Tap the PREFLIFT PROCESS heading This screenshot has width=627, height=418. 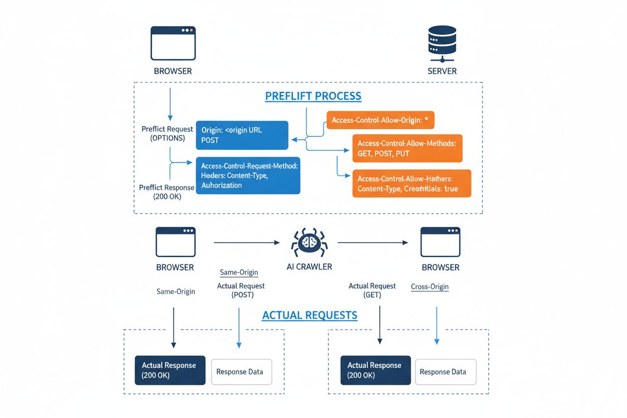pos(313,96)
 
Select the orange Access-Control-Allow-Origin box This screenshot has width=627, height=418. pos(380,121)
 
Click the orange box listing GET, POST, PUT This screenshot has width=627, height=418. pos(407,148)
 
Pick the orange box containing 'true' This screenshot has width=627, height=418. pos(411,183)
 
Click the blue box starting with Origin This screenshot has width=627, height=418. pos(242,135)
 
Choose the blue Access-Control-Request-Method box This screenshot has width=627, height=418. pos(248,175)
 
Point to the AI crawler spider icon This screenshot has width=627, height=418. pos(309,243)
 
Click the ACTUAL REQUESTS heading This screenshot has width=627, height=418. pos(309,316)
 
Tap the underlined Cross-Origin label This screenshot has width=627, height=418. pos(430,287)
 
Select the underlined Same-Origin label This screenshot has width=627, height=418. pos(239,272)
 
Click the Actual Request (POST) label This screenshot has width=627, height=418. pos(241,290)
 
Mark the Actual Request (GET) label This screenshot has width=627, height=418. pos(372,290)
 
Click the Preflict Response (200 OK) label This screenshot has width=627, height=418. pos(166,192)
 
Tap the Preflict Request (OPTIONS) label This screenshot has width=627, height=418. pos(167,134)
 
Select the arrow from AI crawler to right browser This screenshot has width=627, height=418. pos(372,243)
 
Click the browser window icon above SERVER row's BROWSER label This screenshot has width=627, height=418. pos(173,44)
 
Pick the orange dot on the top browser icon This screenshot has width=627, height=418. pos(191,30)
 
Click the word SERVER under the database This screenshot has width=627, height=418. pos(442,71)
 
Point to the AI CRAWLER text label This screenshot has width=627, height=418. pos(309,267)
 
